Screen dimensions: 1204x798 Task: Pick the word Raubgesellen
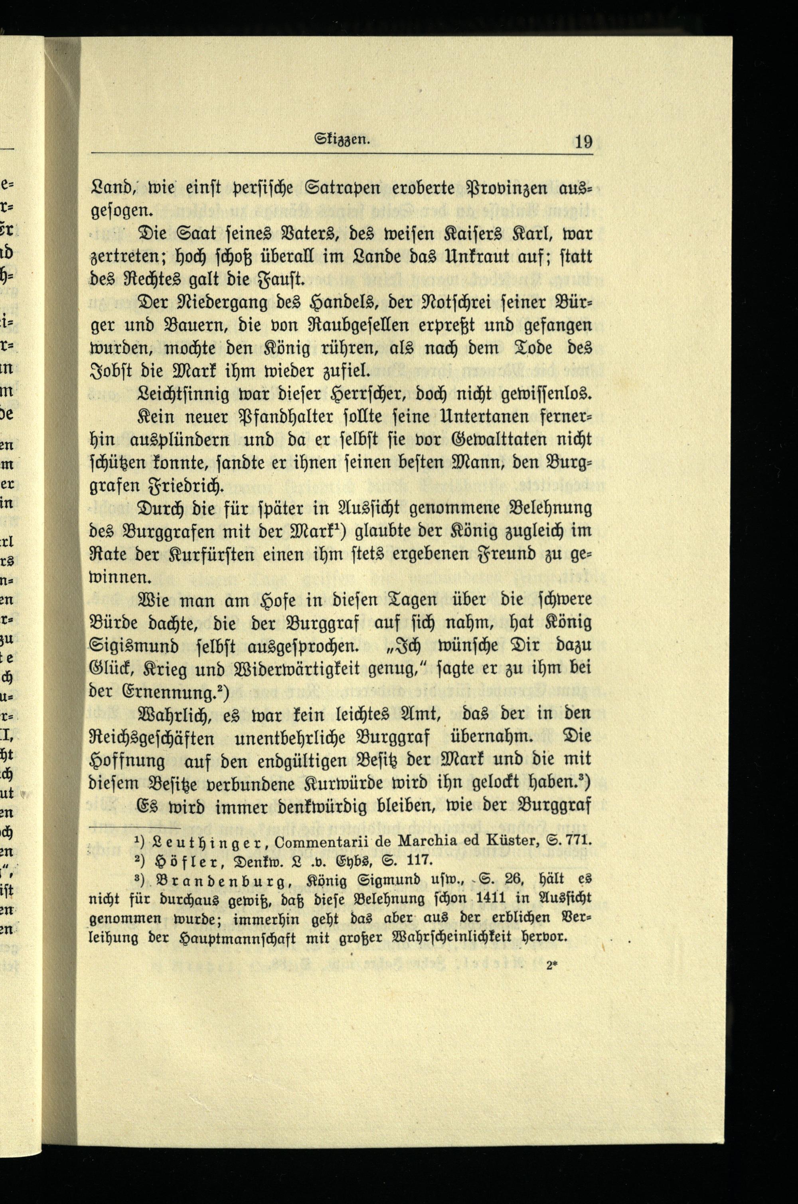[x=365, y=325]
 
